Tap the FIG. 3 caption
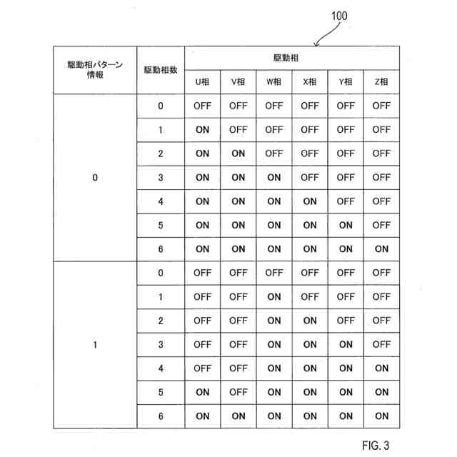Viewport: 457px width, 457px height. coord(376,446)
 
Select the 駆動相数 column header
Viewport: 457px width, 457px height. coord(161,70)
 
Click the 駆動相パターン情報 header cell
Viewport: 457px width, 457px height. coord(95,70)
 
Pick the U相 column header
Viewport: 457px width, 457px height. coord(203,82)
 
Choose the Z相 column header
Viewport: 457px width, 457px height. coord(381,82)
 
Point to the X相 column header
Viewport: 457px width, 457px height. coord(310,82)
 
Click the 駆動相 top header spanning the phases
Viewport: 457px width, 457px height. coord(292,57)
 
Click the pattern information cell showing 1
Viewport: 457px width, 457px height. coord(95,345)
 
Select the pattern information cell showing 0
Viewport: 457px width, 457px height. coord(95,178)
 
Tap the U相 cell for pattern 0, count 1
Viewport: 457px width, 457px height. coord(203,130)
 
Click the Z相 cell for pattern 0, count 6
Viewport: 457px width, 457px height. coord(381,249)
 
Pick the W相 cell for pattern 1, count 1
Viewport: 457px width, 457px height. coord(274,296)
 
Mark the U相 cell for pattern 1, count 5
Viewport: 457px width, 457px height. coord(203,392)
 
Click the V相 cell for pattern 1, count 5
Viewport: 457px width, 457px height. coord(238,392)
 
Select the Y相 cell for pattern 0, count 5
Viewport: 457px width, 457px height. coord(346,225)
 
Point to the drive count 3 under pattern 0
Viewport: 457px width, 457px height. coord(161,178)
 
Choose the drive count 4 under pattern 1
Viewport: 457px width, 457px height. coord(161,368)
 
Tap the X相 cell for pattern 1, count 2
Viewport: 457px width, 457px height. coord(310,321)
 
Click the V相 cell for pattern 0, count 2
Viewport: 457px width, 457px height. coord(238,154)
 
